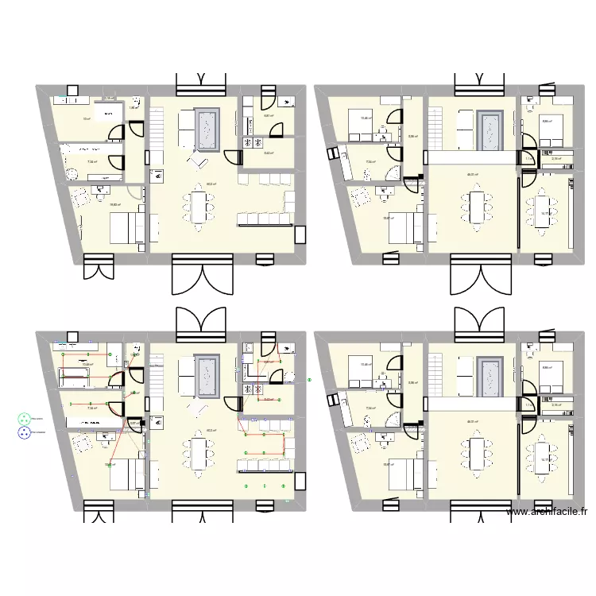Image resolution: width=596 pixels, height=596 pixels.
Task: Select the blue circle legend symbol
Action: tap(23, 433)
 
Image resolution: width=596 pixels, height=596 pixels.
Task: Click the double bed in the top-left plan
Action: tap(124, 228)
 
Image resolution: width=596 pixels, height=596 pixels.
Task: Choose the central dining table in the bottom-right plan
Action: tap(477, 454)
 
